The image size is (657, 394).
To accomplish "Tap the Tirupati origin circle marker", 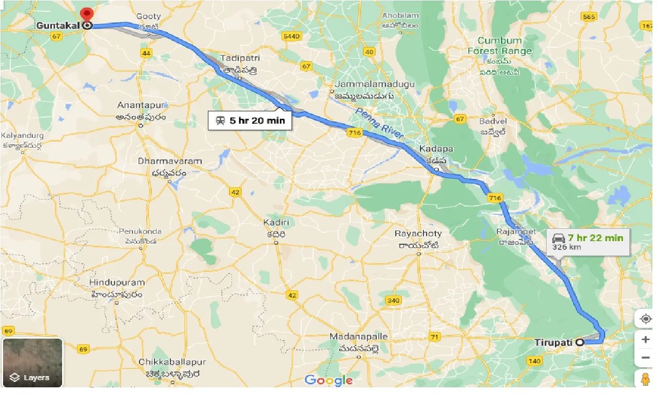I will (580, 342).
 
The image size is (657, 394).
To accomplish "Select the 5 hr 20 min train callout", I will (250, 121).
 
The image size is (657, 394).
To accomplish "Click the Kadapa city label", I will (436, 149).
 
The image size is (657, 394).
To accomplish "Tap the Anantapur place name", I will (141, 105).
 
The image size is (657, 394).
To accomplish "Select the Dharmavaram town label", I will (169, 161).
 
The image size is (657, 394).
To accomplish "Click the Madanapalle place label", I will (359, 337).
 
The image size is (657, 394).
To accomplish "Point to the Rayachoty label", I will (418, 233).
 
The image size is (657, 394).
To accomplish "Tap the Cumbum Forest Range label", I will (499, 46).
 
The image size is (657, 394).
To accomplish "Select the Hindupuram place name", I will (117, 283).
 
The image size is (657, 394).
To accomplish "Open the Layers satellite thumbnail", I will (32, 362).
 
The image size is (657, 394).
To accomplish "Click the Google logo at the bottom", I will (328, 380).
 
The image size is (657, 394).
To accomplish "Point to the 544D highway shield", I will (291, 36).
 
